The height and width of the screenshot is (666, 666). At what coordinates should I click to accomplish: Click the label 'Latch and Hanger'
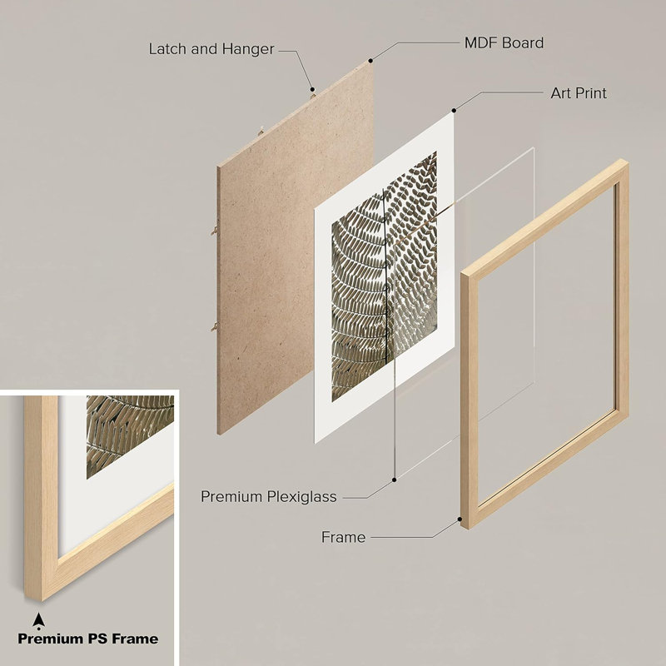[211, 49]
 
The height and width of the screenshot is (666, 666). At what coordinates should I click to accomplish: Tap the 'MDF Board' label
[504, 43]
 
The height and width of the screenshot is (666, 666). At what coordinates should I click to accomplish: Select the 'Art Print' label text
[579, 93]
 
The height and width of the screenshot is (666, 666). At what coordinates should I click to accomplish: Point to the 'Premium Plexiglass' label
[268, 496]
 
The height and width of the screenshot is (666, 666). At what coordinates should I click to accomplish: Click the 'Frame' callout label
[343, 537]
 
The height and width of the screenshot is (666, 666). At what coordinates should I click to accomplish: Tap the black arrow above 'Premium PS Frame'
[38, 621]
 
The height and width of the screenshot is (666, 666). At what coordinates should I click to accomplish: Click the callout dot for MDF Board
[370, 61]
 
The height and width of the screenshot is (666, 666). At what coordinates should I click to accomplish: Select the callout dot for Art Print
[454, 111]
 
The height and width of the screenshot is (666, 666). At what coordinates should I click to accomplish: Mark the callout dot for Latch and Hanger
[312, 89]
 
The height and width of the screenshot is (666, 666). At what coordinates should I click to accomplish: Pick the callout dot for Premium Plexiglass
[394, 480]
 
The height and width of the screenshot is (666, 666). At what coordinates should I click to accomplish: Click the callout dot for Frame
[460, 519]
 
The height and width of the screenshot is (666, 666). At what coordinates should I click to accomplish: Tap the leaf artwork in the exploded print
[384, 276]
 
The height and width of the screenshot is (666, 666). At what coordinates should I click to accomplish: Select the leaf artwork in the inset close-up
[130, 436]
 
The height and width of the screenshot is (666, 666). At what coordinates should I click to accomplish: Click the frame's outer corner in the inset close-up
[42, 599]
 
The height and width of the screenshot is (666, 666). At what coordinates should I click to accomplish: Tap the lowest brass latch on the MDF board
[215, 326]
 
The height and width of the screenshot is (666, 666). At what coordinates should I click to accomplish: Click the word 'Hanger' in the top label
[248, 49]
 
